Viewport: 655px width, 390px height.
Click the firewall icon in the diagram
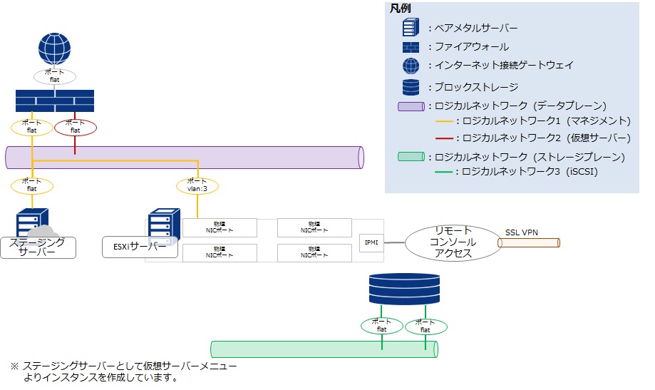click(x=54, y=101)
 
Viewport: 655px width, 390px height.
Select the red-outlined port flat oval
click(x=76, y=128)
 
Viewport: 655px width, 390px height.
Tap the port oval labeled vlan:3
click(x=197, y=186)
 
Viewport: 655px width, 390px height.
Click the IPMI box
click(x=372, y=242)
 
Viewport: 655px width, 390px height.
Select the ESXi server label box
click(x=140, y=247)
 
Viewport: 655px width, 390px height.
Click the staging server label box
click(x=38, y=247)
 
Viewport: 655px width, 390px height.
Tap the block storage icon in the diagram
click(x=403, y=289)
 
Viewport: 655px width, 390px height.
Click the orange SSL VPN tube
click(x=529, y=243)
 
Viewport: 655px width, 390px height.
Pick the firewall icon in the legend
click(x=411, y=48)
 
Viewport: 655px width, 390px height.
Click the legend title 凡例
click(x=400, y=9)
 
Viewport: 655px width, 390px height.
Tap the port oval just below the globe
click(x=54, y=76)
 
